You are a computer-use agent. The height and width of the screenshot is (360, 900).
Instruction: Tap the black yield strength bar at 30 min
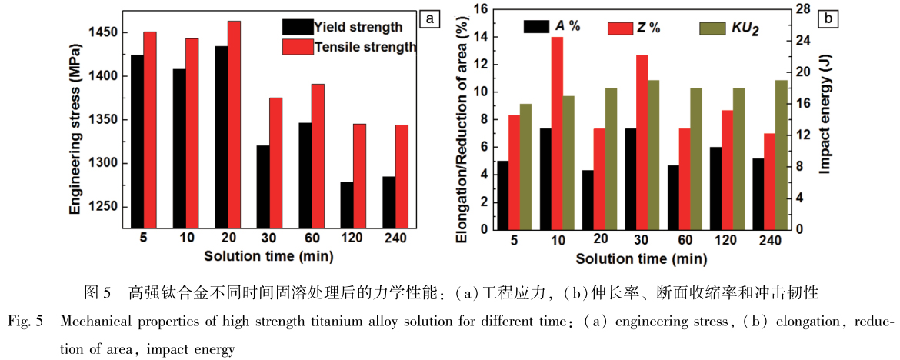pos(263,187)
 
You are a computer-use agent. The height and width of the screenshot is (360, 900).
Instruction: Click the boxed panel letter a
pos(429,17)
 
